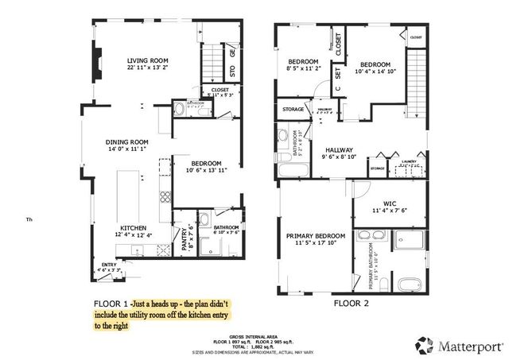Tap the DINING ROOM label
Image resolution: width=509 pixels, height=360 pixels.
[128, 142]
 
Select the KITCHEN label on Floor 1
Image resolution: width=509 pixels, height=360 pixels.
[134, 227]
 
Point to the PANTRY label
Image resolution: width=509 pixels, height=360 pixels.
[184, 238]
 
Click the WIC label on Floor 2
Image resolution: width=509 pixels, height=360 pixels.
[390, 203]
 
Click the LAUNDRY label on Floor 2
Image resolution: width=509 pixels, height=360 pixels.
[410, 161]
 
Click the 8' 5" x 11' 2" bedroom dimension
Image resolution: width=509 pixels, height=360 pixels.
[303, 69]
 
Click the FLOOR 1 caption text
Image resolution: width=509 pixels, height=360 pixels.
[111, 304]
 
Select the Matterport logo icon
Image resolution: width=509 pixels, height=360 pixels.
[423, 344]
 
